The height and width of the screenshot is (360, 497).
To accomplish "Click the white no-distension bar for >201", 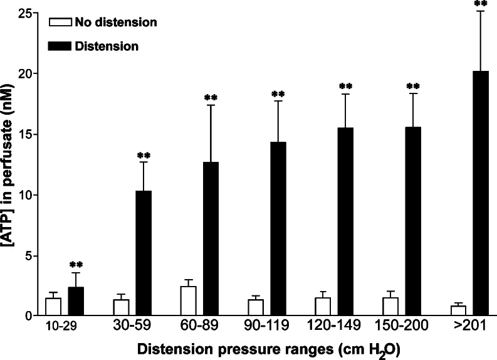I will coord(458,310).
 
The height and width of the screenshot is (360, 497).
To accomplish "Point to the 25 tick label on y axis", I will coord(24,13).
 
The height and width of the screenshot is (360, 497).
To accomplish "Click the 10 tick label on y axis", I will coord(24,195).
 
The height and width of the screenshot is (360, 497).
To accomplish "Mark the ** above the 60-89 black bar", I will coord(211,98).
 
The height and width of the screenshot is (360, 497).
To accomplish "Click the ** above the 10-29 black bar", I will coord(76,265).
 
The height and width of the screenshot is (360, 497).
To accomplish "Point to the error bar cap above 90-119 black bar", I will coord(278,101).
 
